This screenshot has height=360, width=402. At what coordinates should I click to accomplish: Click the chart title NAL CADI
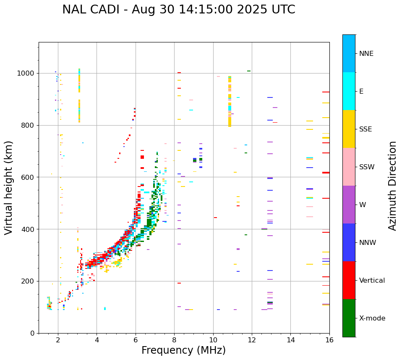178,10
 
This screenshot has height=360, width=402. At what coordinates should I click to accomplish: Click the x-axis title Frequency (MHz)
183,350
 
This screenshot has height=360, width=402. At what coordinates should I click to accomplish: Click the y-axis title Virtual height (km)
9,187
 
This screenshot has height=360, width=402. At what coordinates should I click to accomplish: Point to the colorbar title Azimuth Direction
392,186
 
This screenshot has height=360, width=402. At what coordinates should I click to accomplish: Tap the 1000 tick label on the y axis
26,73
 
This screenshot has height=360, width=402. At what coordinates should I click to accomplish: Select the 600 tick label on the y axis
28,177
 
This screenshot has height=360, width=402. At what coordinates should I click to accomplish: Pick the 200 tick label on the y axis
28,281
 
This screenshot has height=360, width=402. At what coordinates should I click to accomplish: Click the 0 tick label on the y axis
32,333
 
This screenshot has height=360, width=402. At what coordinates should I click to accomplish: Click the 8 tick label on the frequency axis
174,340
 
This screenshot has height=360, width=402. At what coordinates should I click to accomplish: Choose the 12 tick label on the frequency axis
252,340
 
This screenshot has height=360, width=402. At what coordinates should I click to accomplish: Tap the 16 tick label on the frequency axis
329,340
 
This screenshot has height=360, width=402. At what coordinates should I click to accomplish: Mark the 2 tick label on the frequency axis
58,340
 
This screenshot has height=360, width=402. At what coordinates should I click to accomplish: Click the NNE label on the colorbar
366,54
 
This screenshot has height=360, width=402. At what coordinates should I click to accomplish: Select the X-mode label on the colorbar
372,318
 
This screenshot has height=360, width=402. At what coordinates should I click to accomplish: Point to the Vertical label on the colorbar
372,281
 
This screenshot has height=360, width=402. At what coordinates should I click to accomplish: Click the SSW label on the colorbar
367,167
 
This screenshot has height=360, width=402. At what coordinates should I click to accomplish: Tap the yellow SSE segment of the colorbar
349,129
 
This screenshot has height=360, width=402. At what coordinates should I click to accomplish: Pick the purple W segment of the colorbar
349,205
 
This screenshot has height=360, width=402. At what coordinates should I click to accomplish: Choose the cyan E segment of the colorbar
349,91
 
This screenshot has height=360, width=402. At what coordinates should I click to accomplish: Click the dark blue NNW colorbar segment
349,242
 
